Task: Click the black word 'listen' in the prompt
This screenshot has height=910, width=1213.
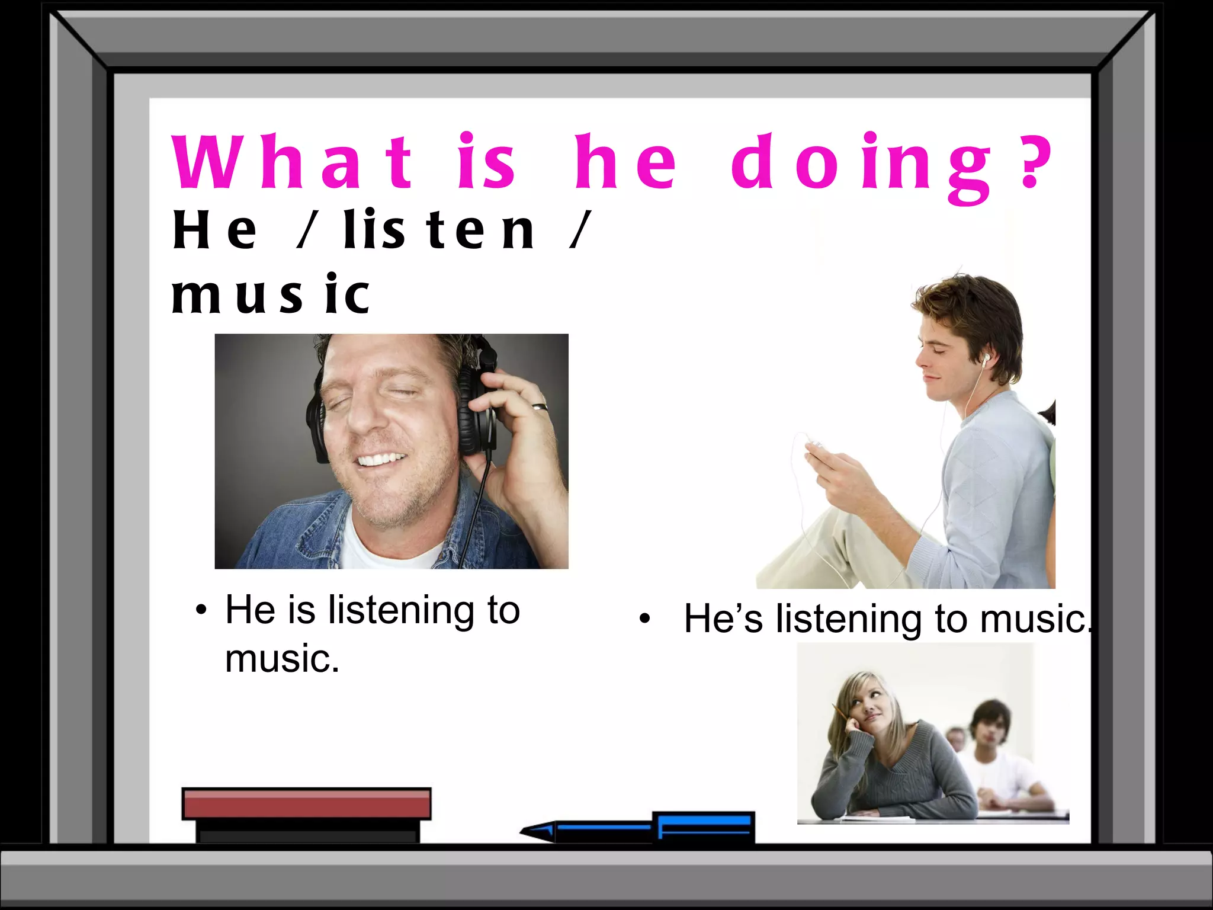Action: pos(439,230)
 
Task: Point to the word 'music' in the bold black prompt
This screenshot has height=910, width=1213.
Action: pos(270,294)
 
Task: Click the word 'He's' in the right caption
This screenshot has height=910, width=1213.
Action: pos(723,619)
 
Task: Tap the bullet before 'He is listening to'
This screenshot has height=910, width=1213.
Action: pos(202,610)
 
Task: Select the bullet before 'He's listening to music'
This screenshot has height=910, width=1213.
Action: pos(645,619)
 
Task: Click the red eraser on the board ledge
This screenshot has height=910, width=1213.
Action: pos(306,803)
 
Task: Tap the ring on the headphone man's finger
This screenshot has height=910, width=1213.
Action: pos(540,407)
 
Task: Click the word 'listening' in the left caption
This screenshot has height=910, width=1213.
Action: pos(401,610)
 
